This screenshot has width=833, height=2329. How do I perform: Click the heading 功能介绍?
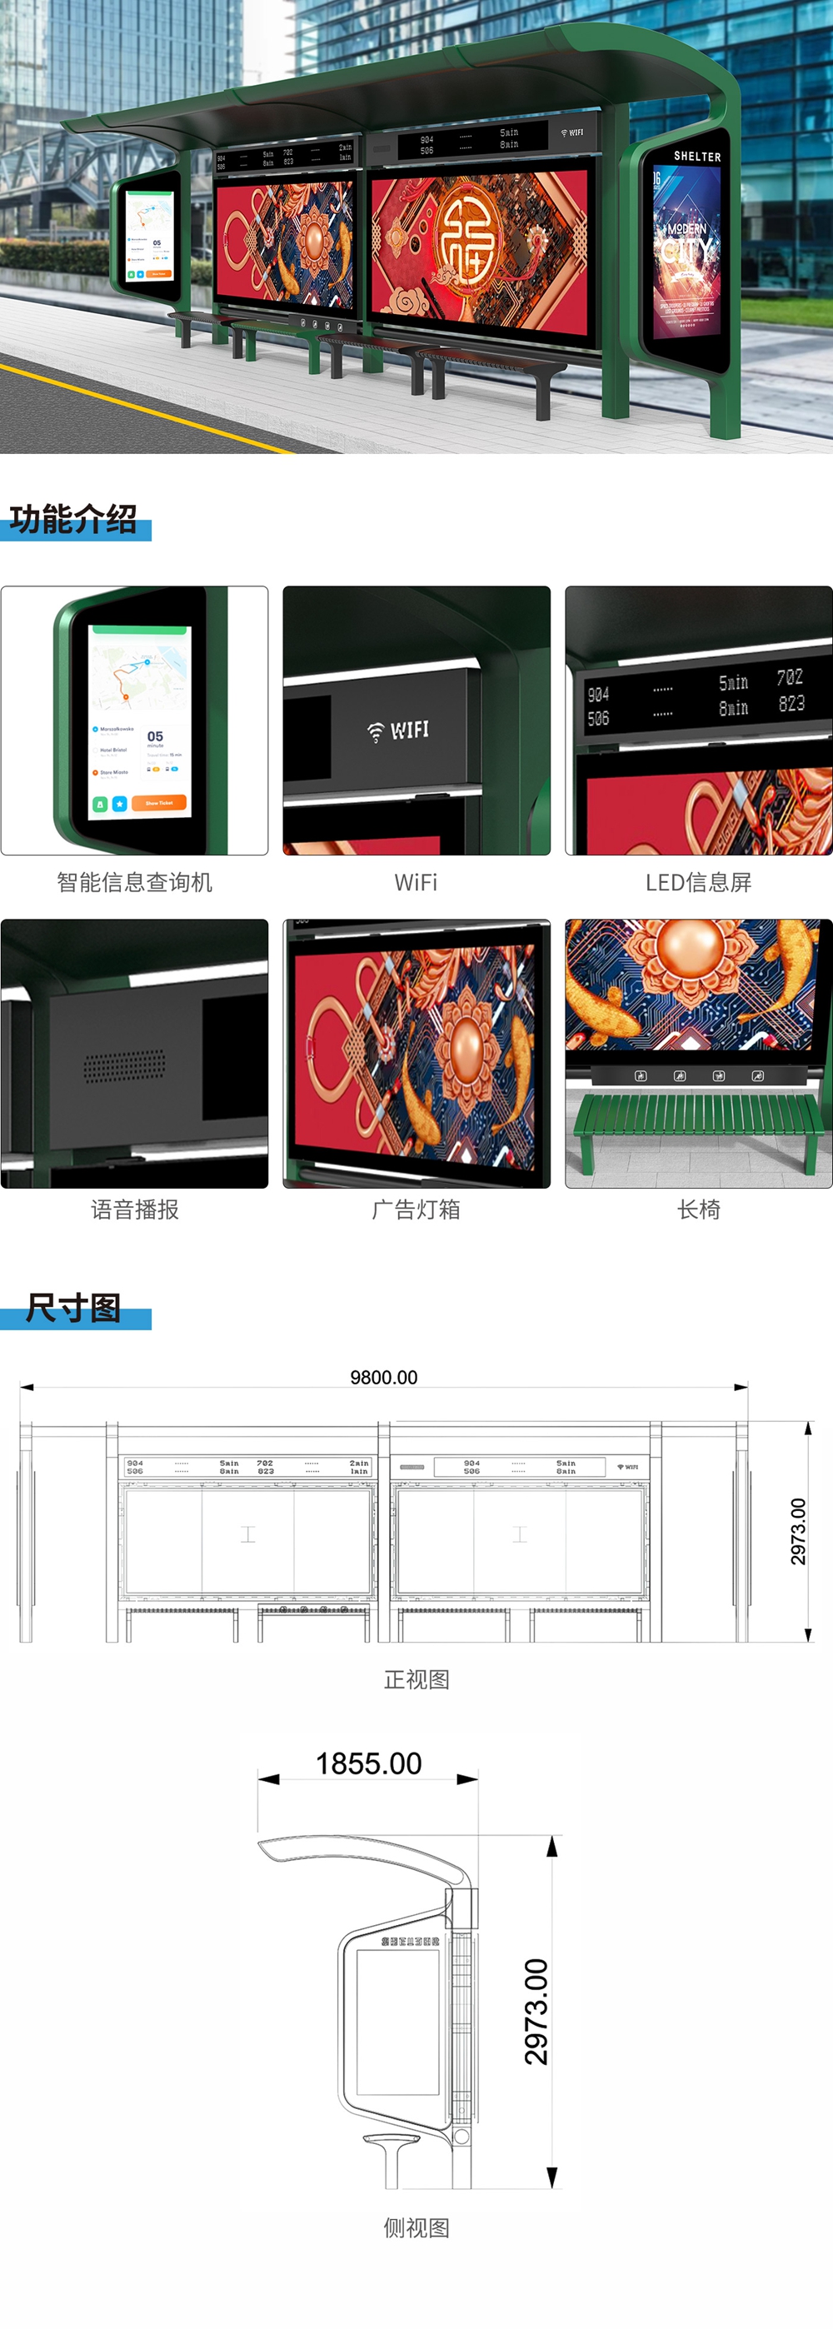[x=73, y=519]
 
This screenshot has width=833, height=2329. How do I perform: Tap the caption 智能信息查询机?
[x=135, y=882]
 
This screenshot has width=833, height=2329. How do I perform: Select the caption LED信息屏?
[x=698, y=882]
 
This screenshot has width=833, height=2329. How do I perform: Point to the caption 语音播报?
[x=135, y=1209]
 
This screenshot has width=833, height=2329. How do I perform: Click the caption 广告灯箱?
[x=416, y=1209]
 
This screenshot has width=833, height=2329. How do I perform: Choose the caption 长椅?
[x=698, y=1209]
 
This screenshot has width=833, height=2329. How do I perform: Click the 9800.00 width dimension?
[x=383, y=1377]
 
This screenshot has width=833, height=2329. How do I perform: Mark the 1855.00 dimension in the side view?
[x=368, y=1763]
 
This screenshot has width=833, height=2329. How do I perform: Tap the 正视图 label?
[x=416, y=1680]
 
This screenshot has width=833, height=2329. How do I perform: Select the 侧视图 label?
[x=416, y=2227]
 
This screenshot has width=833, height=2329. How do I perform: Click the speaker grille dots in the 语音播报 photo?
[x=125, y=1066]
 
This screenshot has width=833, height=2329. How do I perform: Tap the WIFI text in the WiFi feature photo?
[x=409, y=730]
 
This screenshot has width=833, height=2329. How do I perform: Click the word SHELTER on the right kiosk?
[x=697, y=157]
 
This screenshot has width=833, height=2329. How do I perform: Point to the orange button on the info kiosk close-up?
[x=158, y=802]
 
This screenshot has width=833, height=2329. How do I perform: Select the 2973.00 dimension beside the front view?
[x=798, y=1532]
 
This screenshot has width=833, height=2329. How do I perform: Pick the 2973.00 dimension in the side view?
[x=536, y=2012]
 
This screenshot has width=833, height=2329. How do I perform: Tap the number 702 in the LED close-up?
[x=789, y=677]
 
